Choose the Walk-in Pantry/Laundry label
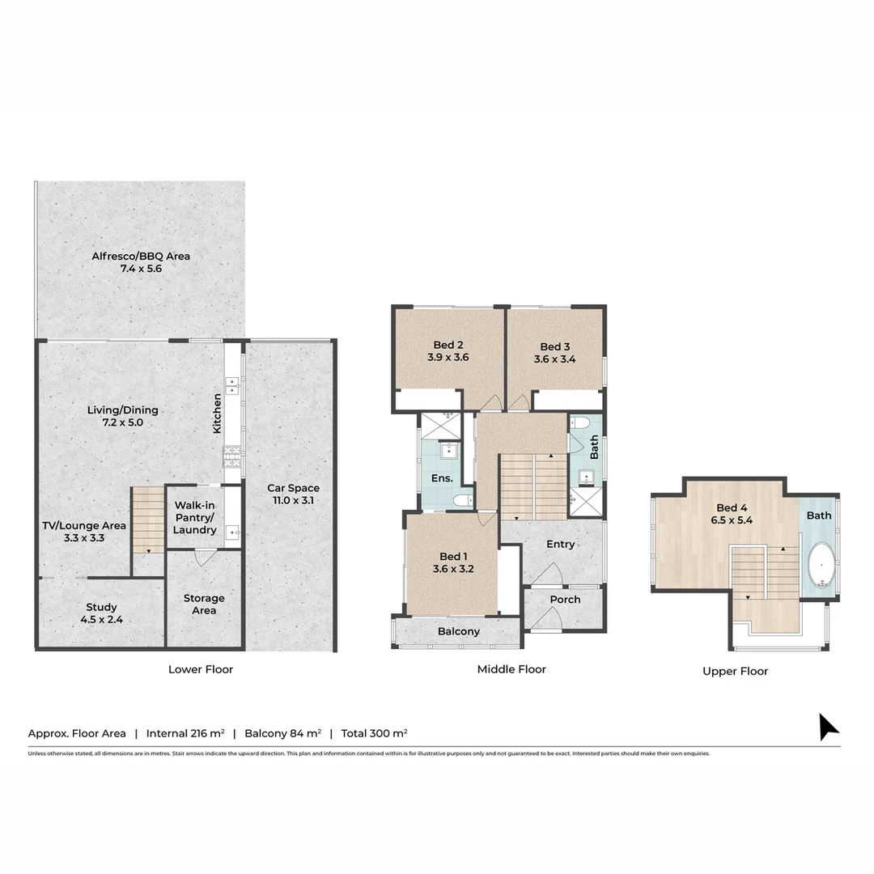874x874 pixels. tap(194, 517)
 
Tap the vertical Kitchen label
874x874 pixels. tap(217, 414)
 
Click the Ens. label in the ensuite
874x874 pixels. tap(441, 478)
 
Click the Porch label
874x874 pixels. tap(565, 600)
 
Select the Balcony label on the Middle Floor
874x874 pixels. tap(459, 631)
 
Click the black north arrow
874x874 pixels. tap(828, 726)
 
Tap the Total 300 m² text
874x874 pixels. tap(374, 733)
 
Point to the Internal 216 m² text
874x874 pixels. tap(185, 733)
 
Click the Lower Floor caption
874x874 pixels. tap(201, 669)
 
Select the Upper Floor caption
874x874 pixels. tap(735, 671)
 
